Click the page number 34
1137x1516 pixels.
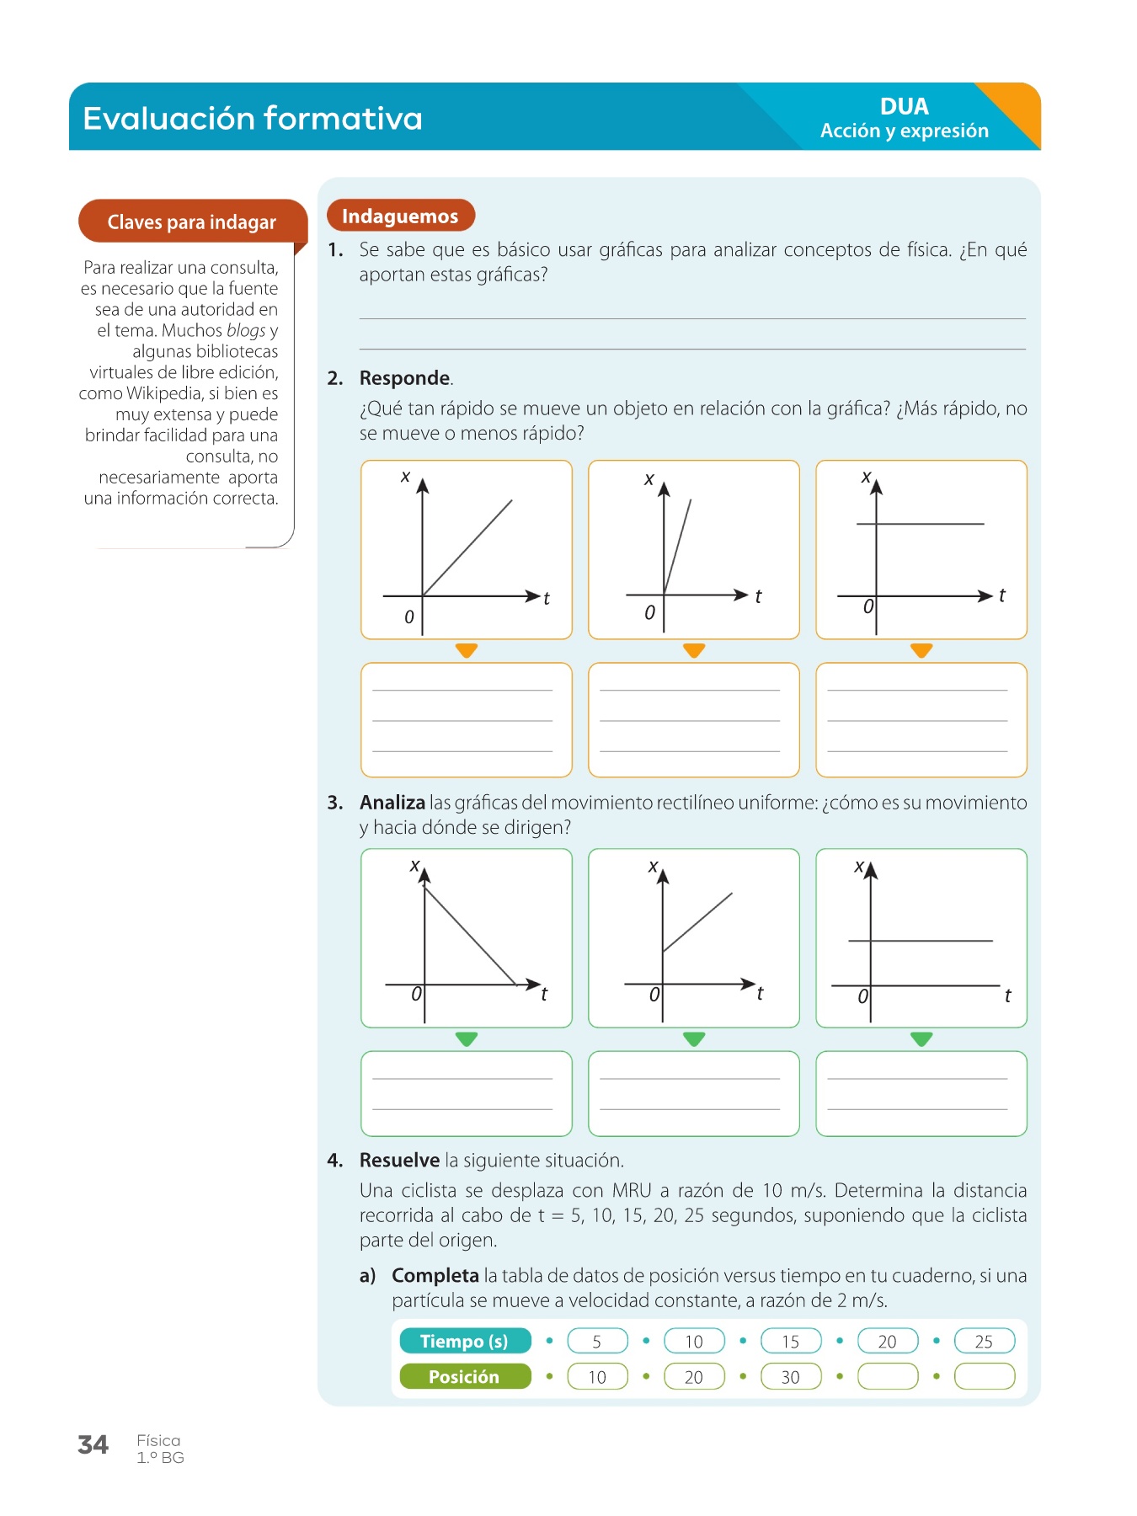pos(93,1444)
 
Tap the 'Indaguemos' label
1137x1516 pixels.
pos(400,216)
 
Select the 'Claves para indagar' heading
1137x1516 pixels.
pos(191,222)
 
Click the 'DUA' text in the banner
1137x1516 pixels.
pos(904,107)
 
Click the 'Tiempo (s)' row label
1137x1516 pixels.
pos(464,1341)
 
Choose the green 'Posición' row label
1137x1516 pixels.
pos(464,1376)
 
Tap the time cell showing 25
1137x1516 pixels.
pos(984,1341)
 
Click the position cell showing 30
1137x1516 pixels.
pos(790,1376)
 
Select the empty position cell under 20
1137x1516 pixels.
pos(887,1376)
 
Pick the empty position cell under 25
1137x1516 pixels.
pos(984,1376)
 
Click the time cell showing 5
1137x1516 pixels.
pos(597,1341)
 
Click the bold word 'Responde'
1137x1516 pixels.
pos(404,378)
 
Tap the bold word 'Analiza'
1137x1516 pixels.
pos(392,803)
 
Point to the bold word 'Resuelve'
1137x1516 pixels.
pos(399,1161)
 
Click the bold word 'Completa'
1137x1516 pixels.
pos(435,1276)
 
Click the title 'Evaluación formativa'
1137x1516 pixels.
pos(253,118)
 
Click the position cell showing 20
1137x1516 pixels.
pos(693,1376)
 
